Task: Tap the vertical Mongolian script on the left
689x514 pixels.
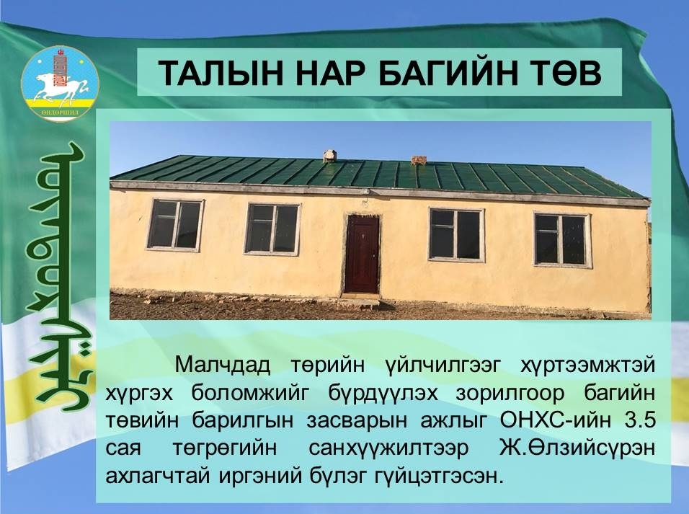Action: pyautogui.click(x=61, y=277)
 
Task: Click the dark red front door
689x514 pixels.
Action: pyautogui.click(x=362, y=254)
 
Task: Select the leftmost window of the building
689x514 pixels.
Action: pyautogui.click(x=175, y=225)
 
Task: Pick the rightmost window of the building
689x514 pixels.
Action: pyautogui.click(x=562, y=239)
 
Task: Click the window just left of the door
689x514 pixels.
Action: pyautogui.click(x=272, y=229)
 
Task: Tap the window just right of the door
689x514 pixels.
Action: pyautogui.click(x=456, y=235)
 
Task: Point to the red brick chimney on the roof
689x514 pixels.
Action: pyautogui.click(x=419, y=160)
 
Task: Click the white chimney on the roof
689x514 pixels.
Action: pyautogui.click(x=329, y=156)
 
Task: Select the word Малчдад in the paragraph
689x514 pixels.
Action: pyautogui.click(x=223, y=365)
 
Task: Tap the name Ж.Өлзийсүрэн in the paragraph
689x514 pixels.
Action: pyautogui.click(x=578, y=448)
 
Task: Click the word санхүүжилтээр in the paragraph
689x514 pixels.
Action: pyautogui.click(x=388, y=448)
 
